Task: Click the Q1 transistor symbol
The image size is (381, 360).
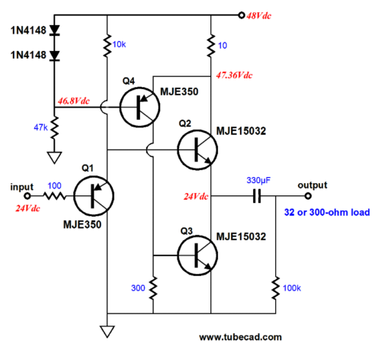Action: (94, 196)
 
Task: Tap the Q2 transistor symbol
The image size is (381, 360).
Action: (197, 149)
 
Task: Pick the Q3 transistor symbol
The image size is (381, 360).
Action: (197, 256)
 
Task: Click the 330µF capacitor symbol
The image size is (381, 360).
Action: (257, 196)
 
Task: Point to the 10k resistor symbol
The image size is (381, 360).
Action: (107, 45)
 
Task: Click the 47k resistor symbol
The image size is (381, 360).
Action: (54, 128)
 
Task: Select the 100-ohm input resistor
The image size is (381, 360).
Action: (55, 196)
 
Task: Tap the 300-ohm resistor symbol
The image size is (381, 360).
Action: (153, 288)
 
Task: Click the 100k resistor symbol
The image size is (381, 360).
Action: (276, 288)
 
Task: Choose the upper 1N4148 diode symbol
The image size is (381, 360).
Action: (54, 30)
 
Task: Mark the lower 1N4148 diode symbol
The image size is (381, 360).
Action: (54, 56)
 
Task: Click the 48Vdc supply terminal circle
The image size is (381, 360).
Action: (242, 15)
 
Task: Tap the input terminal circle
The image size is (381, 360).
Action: (27, 196)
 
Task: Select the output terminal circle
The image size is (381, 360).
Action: (308, 196)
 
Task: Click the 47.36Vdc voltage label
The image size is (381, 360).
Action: (234, 76)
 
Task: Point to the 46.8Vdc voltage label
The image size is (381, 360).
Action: (74, 101)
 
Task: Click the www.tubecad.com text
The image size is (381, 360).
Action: (240, 337)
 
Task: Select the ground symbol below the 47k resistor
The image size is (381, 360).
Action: (54, 158)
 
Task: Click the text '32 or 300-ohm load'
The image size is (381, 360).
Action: (327, 212)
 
